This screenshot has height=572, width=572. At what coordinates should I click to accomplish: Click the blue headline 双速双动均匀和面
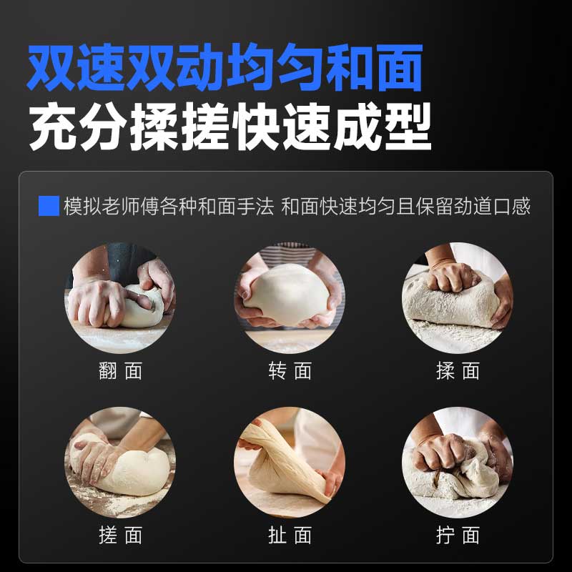pyautogui.click(x=225, y=67)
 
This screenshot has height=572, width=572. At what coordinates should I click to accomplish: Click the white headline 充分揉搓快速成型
pyautogui.click(x=230, y=127)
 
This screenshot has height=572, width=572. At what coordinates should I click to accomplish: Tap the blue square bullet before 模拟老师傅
pyautogui.click(x=49, y=206)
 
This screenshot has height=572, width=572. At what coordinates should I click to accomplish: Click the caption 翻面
pyautogui.click(x=120, y=371)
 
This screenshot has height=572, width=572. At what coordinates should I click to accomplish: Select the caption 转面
pyautogui.click(x=290, y=371)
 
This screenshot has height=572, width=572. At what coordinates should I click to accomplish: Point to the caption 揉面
pyautogui.click(x=458, y=371)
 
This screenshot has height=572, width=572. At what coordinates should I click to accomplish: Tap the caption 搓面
pyautogui.click(x=120, y=535)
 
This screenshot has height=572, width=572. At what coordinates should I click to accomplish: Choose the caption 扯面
pyautogui.click(x=290, y=535)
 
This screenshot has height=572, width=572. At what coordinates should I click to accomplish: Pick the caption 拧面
pyautogui.click(x=458, y=535)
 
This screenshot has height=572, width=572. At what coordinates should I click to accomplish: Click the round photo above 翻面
pyautogui.click(x=120, y=298)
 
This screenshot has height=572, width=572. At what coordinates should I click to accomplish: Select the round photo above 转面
pyautogui.click(x=290, y=298)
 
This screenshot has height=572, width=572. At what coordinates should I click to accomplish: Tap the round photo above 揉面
pyautogui.click(x=458, y=298)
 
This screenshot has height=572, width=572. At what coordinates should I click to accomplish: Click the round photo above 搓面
pyautogui.click(x=120, y=462)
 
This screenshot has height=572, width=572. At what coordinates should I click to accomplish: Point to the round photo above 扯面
pyautogui.click(x=290, y=462)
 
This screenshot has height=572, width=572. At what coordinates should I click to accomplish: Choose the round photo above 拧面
pyautogui.click(x=458, y=462)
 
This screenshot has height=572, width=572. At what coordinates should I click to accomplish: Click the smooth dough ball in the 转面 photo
pyautogui.click(x=288, y=294)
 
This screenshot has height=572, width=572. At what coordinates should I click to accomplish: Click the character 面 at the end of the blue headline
pyautogui.click(x=400, y=67)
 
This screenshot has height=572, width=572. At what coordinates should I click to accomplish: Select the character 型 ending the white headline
pyautogui.click(x=408, y=127)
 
